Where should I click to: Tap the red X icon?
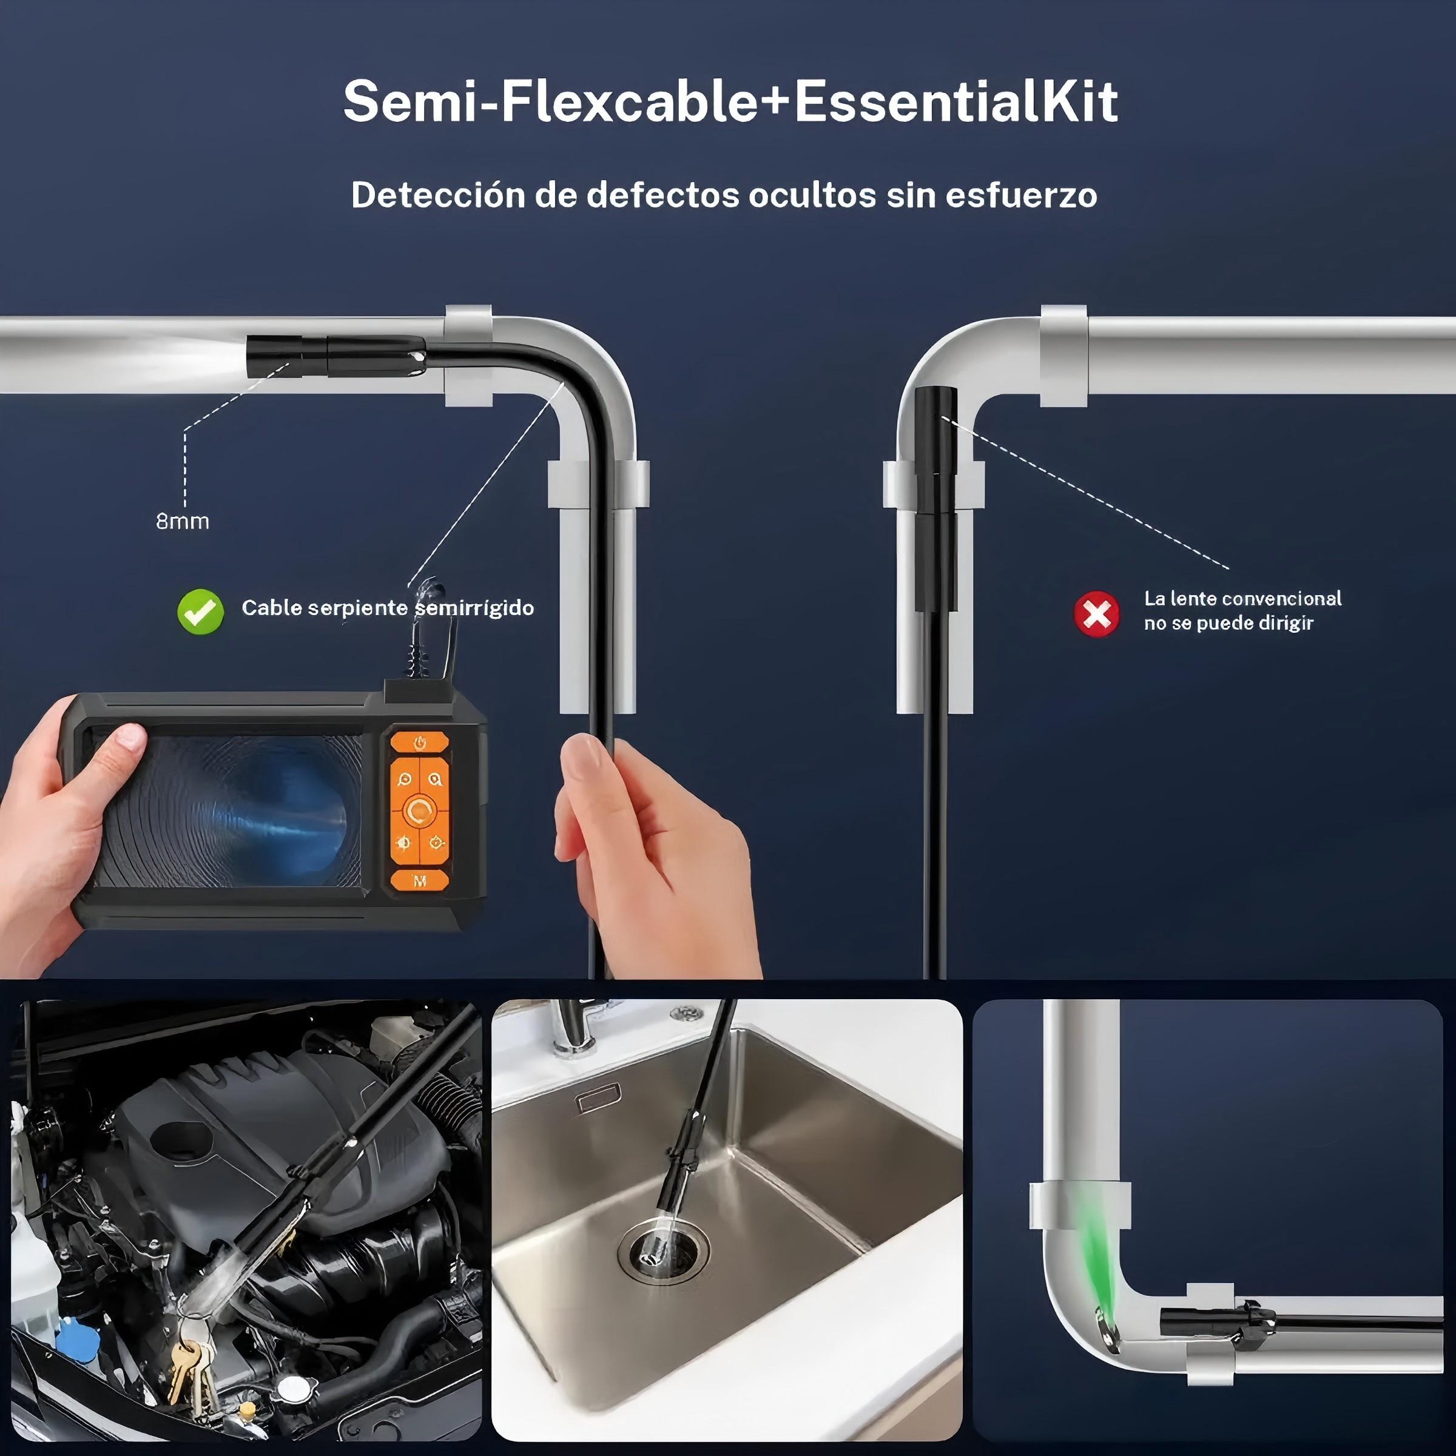tap(1096, 613)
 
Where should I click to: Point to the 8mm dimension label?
tap(183, 521)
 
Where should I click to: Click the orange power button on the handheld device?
tap(420, 743)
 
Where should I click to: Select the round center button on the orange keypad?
tap(419, 811)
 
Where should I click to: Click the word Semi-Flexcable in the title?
tap(550, 102)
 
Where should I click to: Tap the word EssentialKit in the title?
tap(956, 102)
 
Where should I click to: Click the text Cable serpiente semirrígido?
tap(388, 608)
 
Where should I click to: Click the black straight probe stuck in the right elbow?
tap(935, 497)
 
